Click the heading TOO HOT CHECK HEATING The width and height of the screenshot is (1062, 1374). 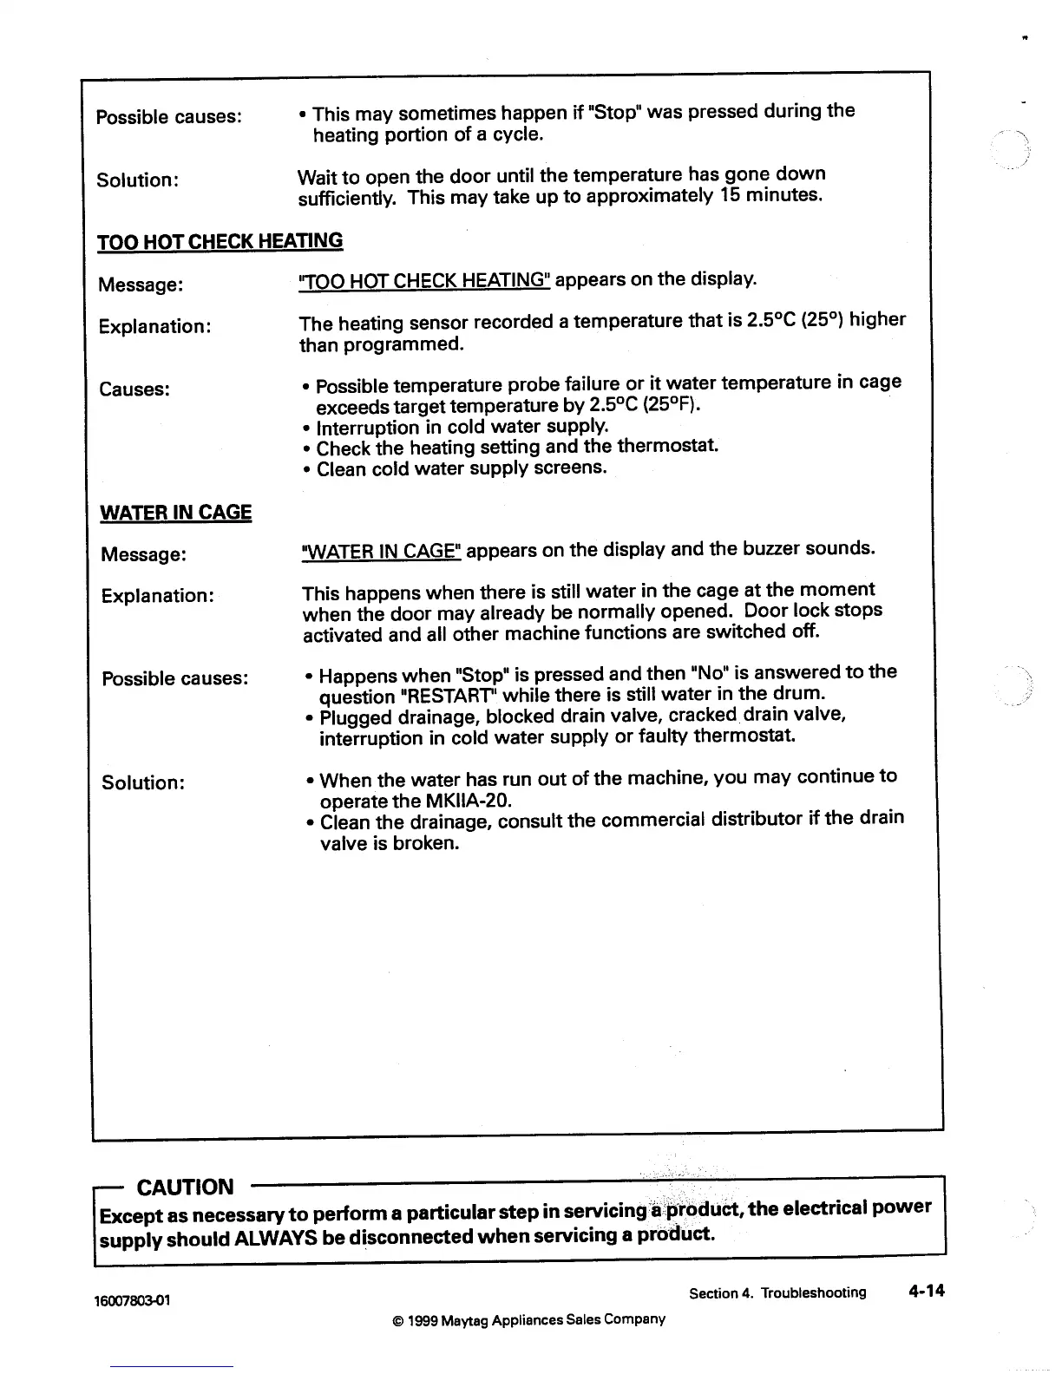pos(220,241)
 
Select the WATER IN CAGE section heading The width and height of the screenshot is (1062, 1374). pos(176,513)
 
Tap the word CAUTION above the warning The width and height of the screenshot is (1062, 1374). pos(186,1187)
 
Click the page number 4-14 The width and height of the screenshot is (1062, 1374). pos(925,1291)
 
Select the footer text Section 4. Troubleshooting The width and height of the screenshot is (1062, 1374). pos(777,1292)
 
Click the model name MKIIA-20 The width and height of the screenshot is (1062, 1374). pos(468,799)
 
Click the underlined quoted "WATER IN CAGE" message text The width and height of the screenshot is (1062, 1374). pos(381,552)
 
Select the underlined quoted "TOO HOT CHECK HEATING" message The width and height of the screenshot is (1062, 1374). pos(423,280)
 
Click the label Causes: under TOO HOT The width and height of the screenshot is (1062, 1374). pos(134,389)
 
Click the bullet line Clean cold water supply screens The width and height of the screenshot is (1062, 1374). pos(461,468)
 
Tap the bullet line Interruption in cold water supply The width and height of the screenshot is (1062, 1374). pos(462,427)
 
